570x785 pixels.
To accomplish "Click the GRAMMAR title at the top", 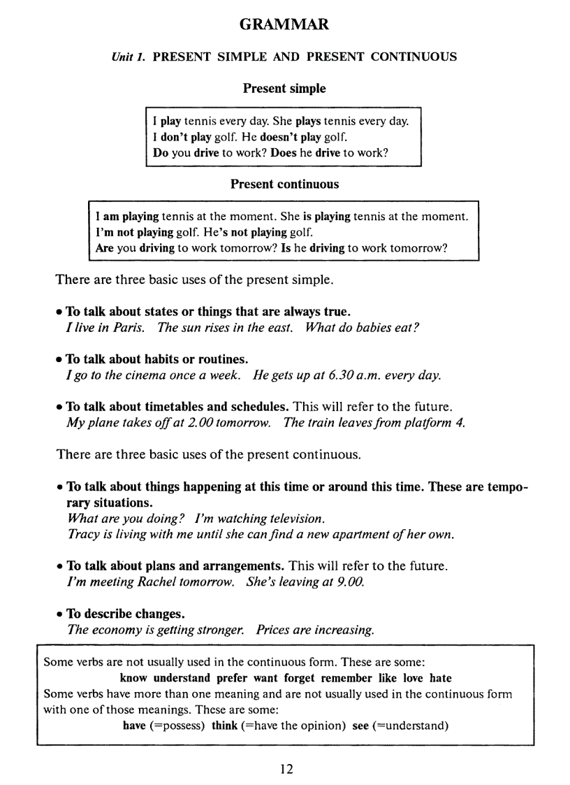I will pos(284,25).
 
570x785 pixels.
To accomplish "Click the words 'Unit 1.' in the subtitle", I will pos(128,57).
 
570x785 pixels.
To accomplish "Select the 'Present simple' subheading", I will pos(284,89).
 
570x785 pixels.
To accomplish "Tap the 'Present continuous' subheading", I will pos(284,185).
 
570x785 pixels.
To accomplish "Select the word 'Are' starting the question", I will pos(105,247).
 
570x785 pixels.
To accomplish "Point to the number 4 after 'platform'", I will pos(460,423).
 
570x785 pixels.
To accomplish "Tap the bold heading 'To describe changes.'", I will pos(126,614).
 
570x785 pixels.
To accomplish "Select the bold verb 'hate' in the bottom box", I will pos(440,678).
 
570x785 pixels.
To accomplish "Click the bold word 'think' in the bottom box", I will pos(224,726).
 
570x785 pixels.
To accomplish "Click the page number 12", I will pos(286,769).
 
